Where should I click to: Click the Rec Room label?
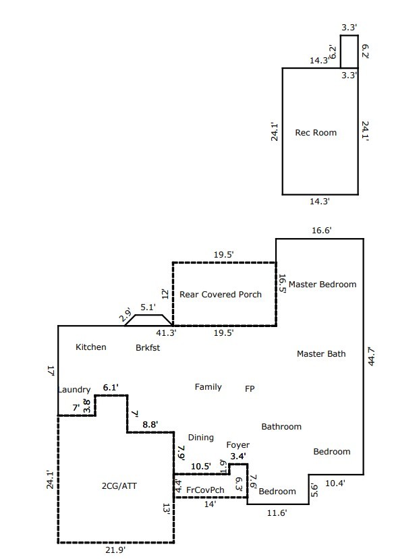tap(316, 133)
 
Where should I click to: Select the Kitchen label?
tap(90, 347)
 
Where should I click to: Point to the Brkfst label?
tap(148, 348)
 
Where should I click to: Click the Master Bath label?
tap(321, 354)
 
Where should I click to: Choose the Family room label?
tap(208, 387)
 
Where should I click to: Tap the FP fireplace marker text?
tap(250, 388)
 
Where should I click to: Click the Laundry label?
tap(74, 390)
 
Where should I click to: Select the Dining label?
tap(200, 438)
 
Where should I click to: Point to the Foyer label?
tap(238, 445)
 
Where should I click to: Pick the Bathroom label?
tap(281, 427)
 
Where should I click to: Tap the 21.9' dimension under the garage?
tap(115, 551)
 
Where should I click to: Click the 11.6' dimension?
tap(277, 513)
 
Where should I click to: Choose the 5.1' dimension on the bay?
tap(147, 307)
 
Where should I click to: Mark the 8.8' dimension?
tap(150, 425)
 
